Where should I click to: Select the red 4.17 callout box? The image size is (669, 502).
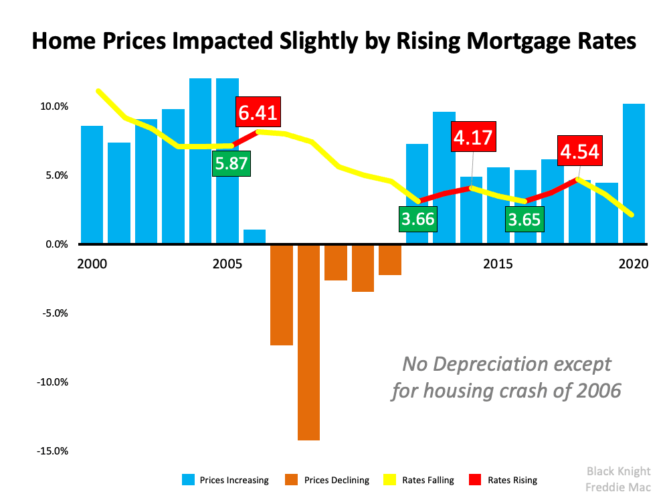click(x=472, y=138)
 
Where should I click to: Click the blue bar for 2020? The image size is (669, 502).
click(x=634, y=174)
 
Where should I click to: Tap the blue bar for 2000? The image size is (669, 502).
click(x=92, y=184)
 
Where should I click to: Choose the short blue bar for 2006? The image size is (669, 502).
click(x=254, y=237)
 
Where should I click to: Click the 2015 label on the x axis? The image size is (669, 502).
click(x=498, y=264)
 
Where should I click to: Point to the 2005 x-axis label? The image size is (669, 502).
click(x=227, y=264)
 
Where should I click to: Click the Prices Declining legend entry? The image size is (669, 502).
click(x=327, y=480)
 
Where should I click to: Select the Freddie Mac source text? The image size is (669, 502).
click(x=619, y=487)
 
